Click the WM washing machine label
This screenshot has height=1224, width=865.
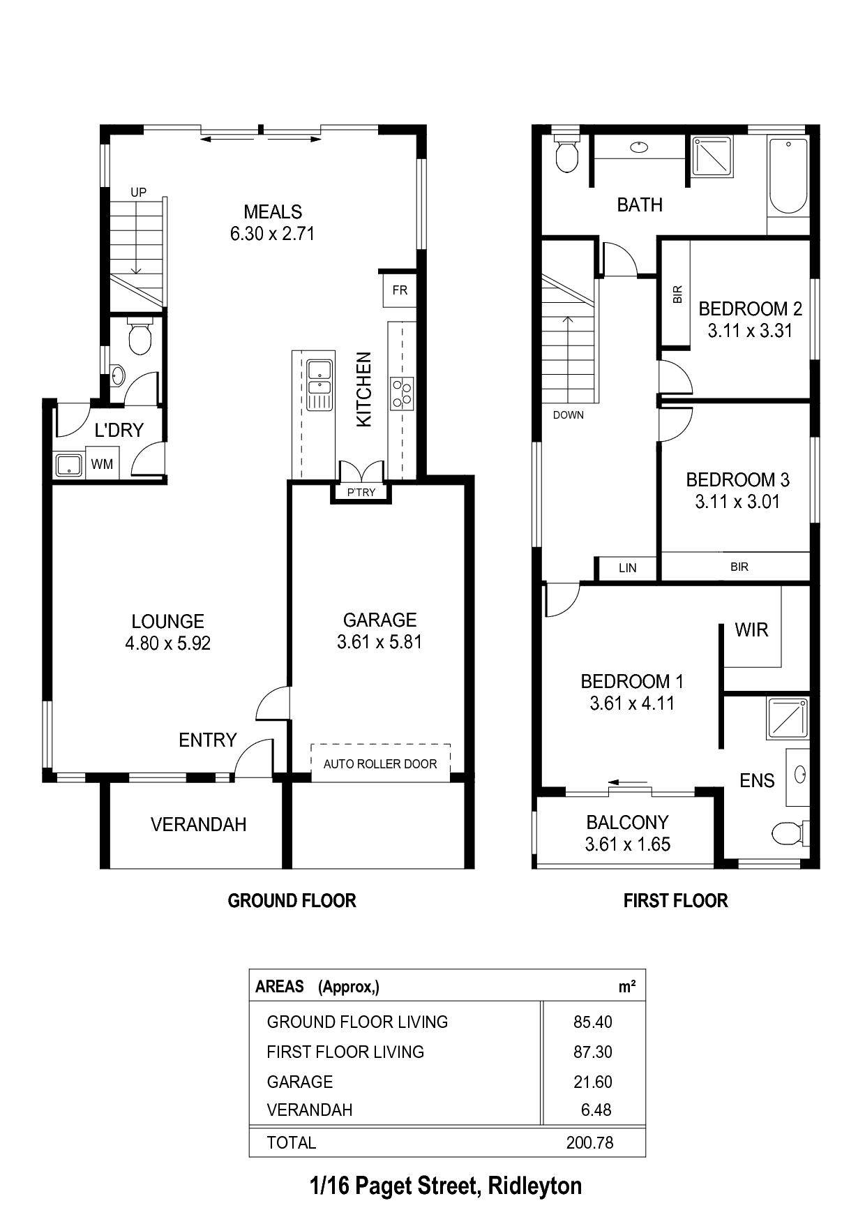tap(102, 464)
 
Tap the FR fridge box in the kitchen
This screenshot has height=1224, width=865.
tap(400, 290)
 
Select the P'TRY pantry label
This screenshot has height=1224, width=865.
tap(361, 492)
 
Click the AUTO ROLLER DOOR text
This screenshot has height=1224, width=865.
tap(380, 764)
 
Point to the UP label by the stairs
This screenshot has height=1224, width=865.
tap(139, 192)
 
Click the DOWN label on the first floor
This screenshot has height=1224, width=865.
tap(569, 415)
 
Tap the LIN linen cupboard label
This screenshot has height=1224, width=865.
tap(628, 568)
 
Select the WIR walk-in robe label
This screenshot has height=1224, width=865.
tap(751, 630)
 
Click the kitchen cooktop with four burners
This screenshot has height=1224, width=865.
tap(403, 392)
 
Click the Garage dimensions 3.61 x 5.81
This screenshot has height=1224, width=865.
tap(379, 642)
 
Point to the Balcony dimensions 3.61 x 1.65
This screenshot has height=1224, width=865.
tap(628, 844)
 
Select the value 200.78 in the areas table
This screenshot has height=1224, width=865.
tap(590, 1142)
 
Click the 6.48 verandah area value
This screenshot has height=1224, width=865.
tap(596, 1110)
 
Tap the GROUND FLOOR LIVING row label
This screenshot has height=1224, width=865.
tap(357, 1022)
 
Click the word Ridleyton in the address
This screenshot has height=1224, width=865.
tap(535, 1186)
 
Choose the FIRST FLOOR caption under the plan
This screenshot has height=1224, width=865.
tap(675, 901)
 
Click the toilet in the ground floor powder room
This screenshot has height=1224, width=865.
tap(141, 336)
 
